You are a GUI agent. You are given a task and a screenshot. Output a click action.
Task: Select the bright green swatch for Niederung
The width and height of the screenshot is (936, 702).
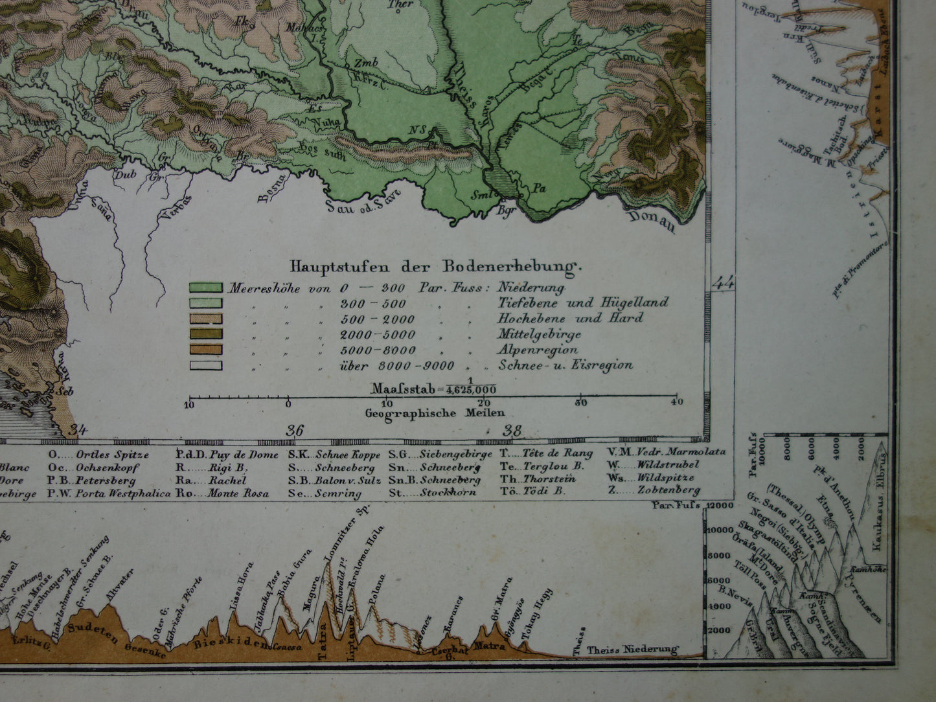(205, 288)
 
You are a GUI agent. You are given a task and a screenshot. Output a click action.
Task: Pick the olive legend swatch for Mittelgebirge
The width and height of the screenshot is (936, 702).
(205, 334)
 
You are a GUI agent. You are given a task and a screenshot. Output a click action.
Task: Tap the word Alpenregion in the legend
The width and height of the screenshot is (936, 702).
(538, 350)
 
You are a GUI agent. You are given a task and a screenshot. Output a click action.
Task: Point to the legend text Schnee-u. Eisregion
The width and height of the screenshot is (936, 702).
(565, 365)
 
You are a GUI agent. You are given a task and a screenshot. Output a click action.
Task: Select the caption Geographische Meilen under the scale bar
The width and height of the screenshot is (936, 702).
(435, 413)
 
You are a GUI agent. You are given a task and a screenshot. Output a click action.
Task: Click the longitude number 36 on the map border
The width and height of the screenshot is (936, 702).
(294, 431)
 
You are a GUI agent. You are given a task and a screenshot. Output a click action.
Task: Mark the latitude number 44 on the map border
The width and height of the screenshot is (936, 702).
(724, 282)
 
